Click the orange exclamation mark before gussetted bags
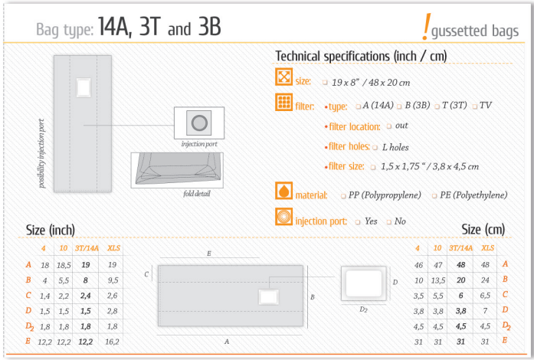[x=426, y=27]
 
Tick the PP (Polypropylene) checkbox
[x=344, y=196]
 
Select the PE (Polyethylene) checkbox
[x=434, y=196]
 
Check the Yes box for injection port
[x=358, y=222]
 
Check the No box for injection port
[x=388, y=222]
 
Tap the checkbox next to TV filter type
[x=474, y=106]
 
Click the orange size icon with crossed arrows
[x=283, y=77]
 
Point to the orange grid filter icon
[x=283, y=102]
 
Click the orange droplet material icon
[x=283, y=191]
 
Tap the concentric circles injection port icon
[x=283, y=217]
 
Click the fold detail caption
[x=197, y=194]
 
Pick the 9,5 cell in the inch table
[x=113, y=280]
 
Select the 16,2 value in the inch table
[x=112, y=342]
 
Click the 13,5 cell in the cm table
[x=438, y=280]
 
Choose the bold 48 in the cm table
[x=460, y=264]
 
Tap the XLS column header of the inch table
[x=113, y=248]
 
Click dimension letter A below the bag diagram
[x=227, y=342]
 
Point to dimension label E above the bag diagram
[x=209, y=254]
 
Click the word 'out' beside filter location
[x=401, y=126]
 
